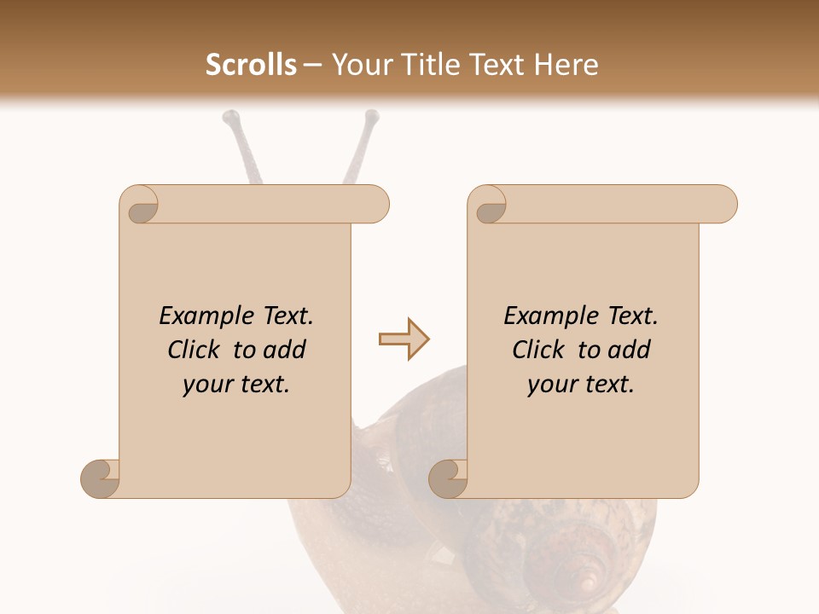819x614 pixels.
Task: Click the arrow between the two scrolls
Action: (404, 339)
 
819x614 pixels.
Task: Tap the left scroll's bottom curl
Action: (100, 478)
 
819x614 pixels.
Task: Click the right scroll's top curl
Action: (490, 206)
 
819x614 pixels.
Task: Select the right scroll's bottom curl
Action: (448, 478)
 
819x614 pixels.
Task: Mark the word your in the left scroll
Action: (205, 385)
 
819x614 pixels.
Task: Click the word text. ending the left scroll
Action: (262, 385)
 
